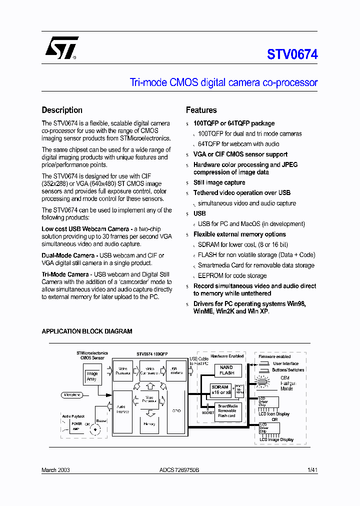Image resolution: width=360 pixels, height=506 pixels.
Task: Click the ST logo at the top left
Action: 61,48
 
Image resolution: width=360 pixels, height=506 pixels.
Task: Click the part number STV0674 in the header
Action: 292,54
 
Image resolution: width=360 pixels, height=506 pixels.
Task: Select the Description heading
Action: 62,110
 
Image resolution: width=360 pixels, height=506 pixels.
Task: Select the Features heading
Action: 201,110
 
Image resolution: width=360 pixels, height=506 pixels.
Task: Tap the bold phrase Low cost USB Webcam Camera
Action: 86,228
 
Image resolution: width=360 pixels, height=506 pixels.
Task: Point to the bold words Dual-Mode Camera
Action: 68,255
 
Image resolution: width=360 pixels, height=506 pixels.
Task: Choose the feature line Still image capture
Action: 219,182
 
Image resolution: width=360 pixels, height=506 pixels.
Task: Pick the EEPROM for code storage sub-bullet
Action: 232,275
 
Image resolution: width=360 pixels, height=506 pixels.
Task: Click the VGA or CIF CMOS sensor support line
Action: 240,154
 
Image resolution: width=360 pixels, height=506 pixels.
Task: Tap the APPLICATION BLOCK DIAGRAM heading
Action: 87,331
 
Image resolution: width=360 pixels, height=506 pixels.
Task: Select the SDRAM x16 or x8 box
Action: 220,390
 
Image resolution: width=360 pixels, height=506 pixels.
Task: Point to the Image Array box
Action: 92,376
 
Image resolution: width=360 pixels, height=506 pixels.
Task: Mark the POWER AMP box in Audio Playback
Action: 76,426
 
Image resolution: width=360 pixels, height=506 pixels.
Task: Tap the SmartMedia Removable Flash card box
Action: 227,411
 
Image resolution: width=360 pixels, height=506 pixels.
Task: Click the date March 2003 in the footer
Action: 55,470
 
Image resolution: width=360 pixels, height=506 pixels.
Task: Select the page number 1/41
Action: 312,470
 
